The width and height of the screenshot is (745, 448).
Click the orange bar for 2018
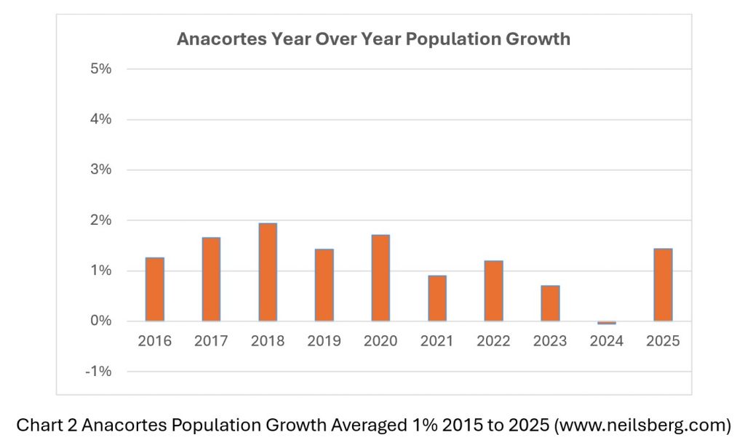[268, 272]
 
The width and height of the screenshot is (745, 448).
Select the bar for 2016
[155, 289]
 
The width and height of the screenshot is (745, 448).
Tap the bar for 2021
[437, 298]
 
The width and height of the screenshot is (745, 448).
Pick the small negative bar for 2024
[607, 322]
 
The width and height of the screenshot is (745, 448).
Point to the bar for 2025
[663, 285]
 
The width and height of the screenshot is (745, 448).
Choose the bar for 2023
[550, 303]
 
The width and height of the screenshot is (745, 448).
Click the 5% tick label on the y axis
[100, 69]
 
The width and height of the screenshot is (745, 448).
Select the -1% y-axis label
[98, 372]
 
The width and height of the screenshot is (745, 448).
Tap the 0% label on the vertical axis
[100, 321]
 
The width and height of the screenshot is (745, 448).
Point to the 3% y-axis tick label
[100, 169]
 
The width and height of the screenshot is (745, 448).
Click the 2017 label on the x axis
[211, 341]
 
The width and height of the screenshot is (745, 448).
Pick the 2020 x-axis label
[381, 341]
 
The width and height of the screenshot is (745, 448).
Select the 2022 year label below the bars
[493, 341]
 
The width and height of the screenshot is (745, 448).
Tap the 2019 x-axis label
[324, 341]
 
